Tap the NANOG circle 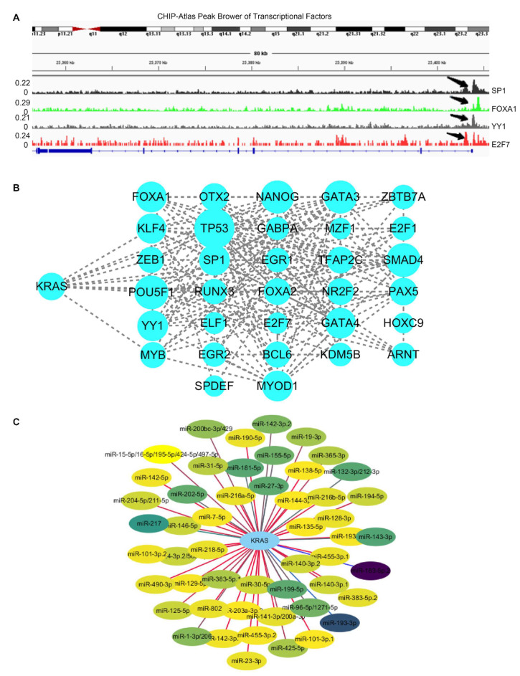[275, 196]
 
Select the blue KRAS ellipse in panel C [259, 539]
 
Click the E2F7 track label [500, 144]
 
